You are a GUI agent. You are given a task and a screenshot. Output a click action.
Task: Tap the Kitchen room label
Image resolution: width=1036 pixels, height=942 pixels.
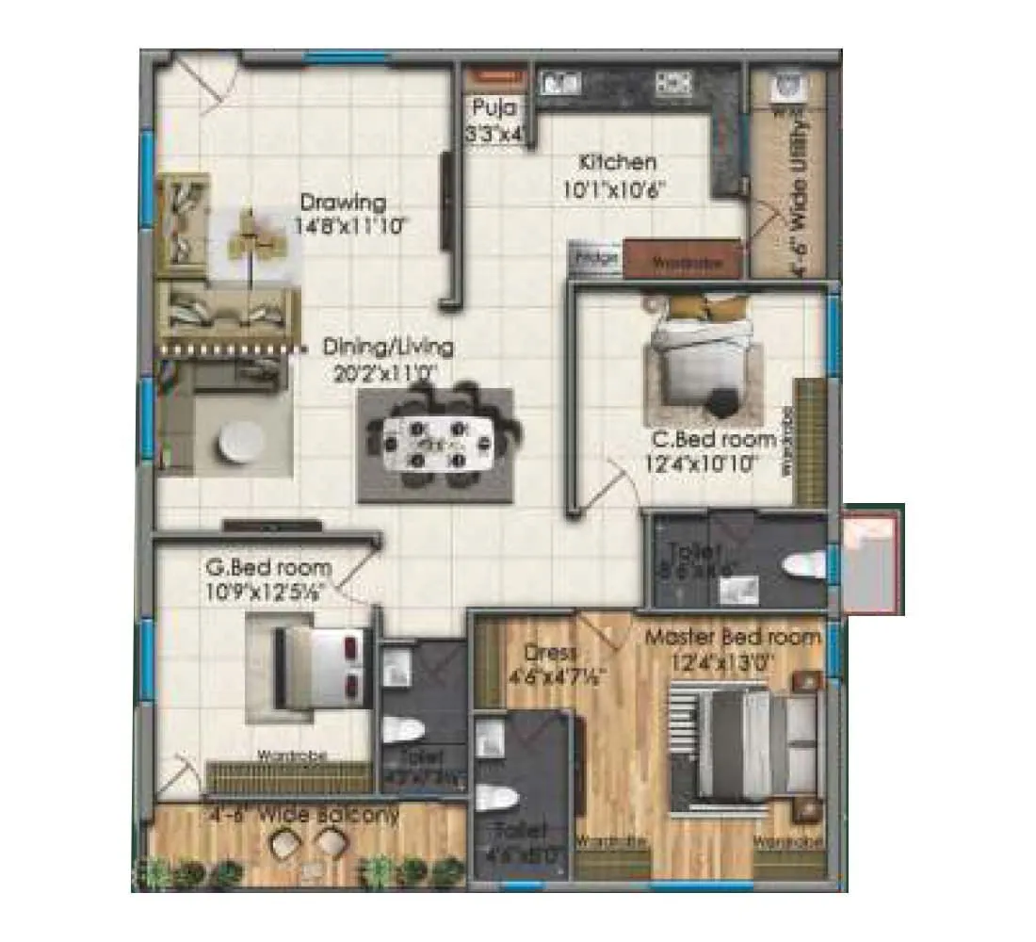coord(618,161)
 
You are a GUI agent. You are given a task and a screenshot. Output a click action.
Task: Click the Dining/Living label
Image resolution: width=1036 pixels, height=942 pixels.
coord(388,347)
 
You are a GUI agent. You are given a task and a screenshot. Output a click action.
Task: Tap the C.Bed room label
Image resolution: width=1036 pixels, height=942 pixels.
coord(716,439)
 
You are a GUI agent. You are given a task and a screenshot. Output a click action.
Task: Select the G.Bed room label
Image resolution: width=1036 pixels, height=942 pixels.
coord(268,568)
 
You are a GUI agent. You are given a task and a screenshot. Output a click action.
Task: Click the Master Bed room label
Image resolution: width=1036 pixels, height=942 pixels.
coord(733,637)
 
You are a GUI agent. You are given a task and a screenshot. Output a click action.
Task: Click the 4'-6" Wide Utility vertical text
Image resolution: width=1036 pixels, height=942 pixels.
coord(801,198)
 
